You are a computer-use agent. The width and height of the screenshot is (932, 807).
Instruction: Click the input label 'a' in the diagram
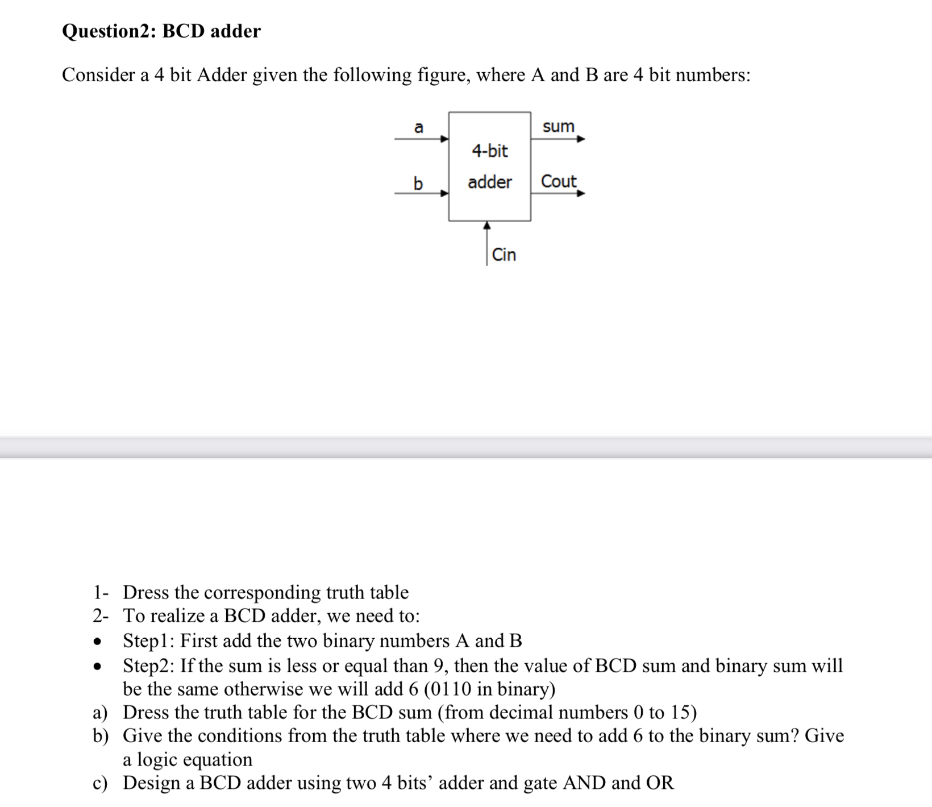click(x=418, y=127)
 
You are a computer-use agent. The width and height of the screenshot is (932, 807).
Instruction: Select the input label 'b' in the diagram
click(x=418, y=184)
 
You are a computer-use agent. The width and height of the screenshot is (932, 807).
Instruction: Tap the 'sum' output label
click(x=558, y=126)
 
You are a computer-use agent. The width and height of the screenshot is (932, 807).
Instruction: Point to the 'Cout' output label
click(x=558, y=181)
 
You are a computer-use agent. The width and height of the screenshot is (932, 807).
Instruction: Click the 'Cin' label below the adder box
click(x=504, y=255)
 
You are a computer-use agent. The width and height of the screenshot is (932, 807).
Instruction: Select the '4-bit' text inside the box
click(x=490, y=151)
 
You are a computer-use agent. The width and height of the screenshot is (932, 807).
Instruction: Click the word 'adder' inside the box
click(x=490, y=182)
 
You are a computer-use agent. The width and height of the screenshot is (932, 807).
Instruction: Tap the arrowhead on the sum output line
click(x=581, y=139)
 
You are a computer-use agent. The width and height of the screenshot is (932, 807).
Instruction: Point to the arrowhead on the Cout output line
click(x=581, y=193)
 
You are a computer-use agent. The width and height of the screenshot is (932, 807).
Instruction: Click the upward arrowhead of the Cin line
click(x=486, y=226)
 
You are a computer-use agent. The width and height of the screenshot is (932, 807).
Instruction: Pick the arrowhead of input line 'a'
click(x=445, y=139)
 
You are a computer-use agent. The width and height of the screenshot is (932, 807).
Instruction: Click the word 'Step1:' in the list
click(x=149, y=641)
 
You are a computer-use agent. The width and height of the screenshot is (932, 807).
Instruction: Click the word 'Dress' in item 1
click(x=146, y=593)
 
